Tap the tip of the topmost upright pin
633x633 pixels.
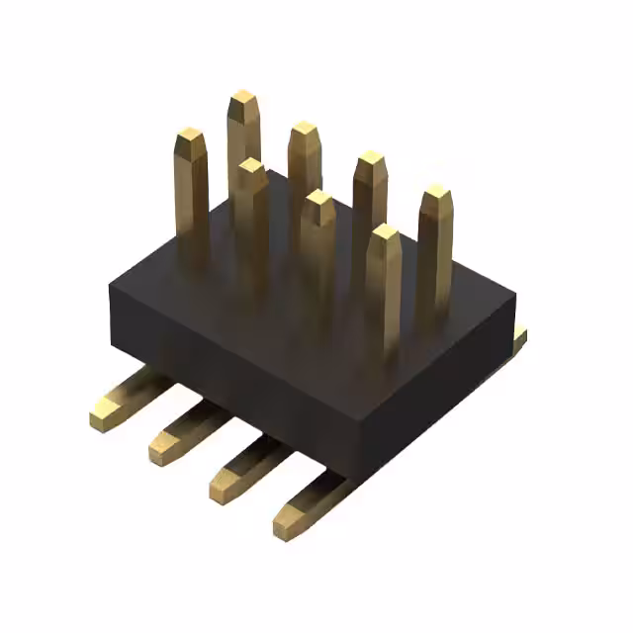tap(243, 100)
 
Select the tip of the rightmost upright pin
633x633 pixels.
tap(436, 194)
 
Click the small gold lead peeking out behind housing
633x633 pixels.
tap(520, 336)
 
